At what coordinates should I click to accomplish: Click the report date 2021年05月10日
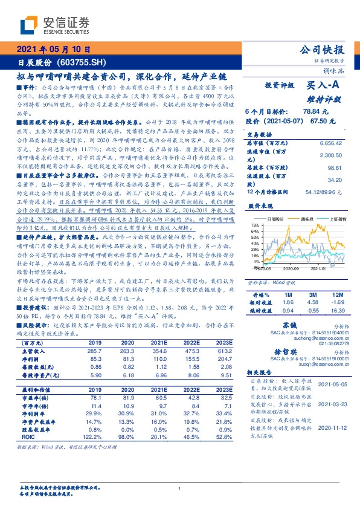(x=51, y=50)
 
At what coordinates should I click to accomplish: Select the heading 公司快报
(x=324, y=50)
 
